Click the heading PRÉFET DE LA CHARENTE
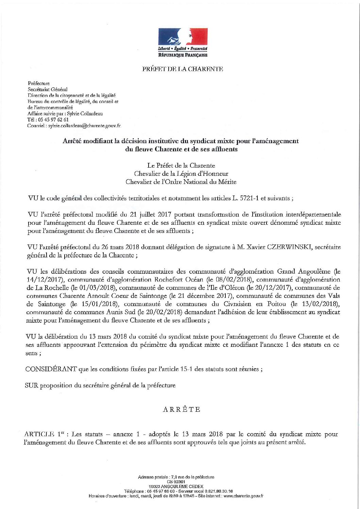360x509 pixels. click(x=183, y=69)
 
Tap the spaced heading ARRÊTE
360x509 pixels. click(x=182, y=409)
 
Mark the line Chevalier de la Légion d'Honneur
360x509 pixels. click(x=181, y=174)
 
